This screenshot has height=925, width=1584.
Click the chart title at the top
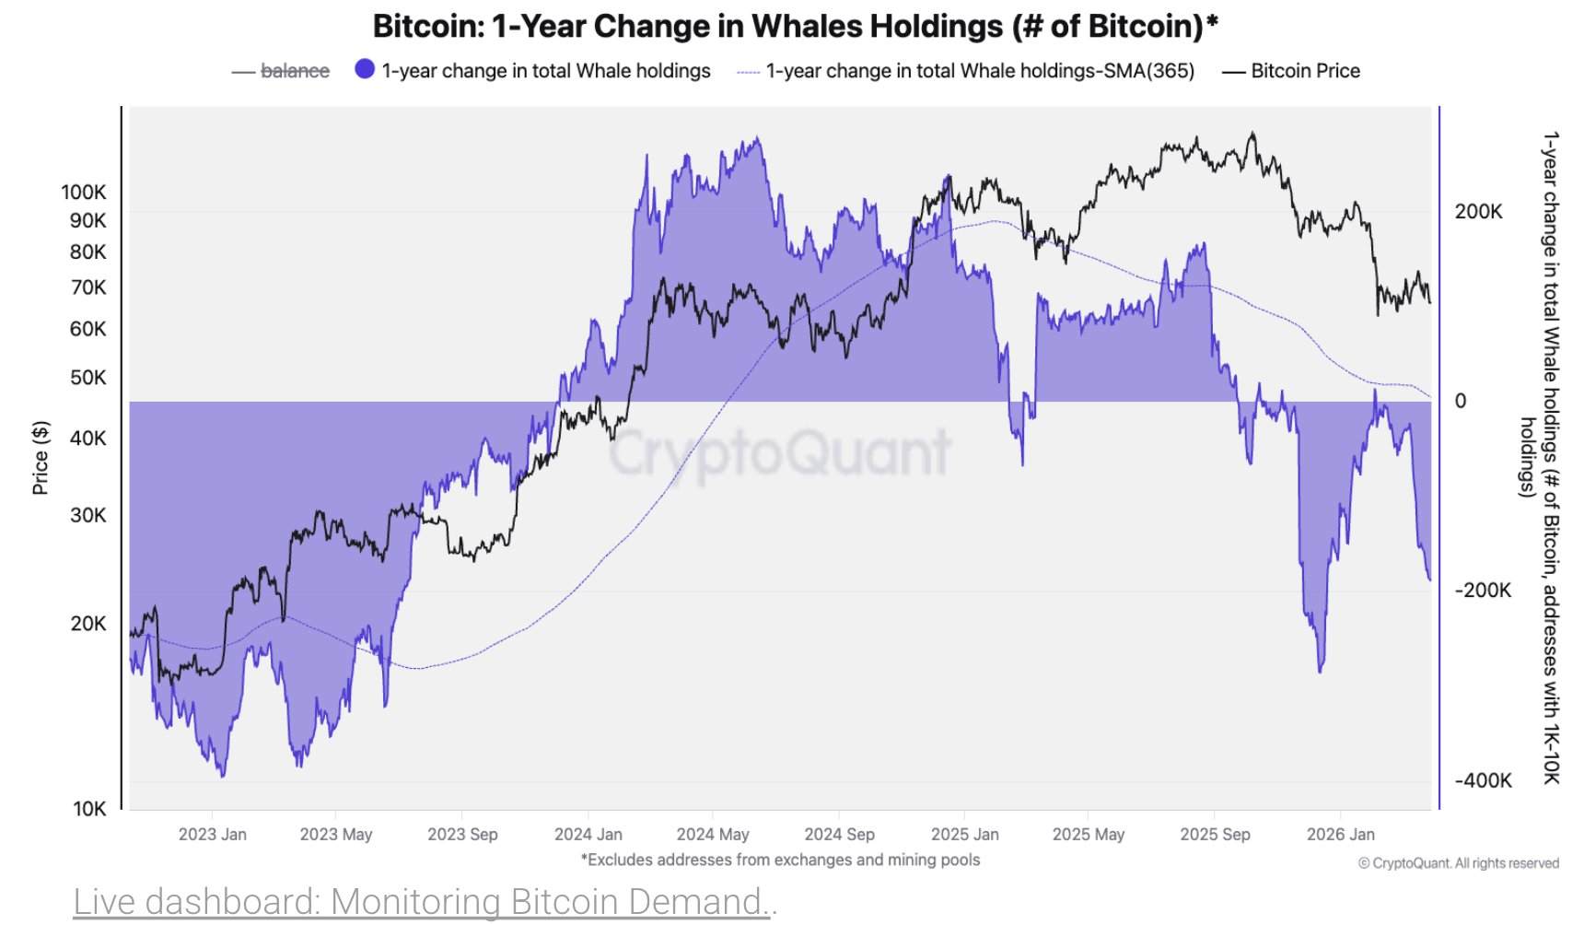click(x=795, y=26)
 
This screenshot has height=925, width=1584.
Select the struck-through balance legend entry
click(x=294, y=71)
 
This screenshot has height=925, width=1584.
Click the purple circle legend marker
click(x=365, y=69)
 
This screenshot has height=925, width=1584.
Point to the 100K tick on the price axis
click(x=84, y=192)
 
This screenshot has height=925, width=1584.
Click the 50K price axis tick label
click(x=87, y=377)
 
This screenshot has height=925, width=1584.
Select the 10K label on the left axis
click(x=89, y=808)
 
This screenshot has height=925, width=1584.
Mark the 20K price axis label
click(x=88, y=623)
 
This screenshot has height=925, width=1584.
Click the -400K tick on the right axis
click(x=1483, y=780)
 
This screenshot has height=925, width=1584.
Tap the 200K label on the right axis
click(x=1478, y=211)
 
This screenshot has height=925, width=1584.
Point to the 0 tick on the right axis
click(x=1460, y=401)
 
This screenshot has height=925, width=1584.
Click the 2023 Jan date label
click(x=212, y=834)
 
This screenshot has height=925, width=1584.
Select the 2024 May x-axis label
click(x=712, y=834)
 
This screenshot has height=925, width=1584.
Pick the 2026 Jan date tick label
click(x=1340, y=834)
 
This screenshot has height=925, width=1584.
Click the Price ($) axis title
click(x=40, y=457)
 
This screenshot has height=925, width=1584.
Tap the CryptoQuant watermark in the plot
click(x=779, y=452)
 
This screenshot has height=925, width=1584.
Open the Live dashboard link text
click(x=425, y=901)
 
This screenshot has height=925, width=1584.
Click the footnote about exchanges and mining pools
click(x=780, y=860)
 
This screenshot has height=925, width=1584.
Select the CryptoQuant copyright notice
click(x=1458, y=863)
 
